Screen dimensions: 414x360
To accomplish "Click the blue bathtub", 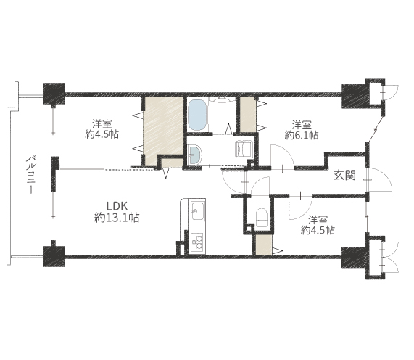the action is click(197, 115).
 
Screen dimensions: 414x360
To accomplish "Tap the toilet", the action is click(262, 218).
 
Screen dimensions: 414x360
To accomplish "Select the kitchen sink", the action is click(197, 211).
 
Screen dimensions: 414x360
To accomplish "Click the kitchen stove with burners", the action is click(197, 242).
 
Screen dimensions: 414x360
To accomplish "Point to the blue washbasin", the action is click(194, 155).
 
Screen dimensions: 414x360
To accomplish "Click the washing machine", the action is click(244, 150).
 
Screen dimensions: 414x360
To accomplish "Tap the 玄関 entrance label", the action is click(344, 175).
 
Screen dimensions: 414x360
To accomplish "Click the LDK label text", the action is click(117, 206).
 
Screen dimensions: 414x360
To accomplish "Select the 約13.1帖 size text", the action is click(117, 218).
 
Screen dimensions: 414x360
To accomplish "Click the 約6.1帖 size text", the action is click(302, 135).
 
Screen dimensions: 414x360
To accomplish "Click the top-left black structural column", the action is click(54, 94).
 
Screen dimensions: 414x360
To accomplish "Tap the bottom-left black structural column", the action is click(54, 256).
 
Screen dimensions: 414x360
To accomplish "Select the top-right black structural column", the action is click(354, 96).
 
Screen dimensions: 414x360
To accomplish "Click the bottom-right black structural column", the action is click(354, 257).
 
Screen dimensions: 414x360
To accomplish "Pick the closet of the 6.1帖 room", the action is click(248, 114).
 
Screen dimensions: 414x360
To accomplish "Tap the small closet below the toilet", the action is click(263, 245).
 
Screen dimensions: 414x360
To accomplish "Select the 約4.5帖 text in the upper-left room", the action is click(102, 134).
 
